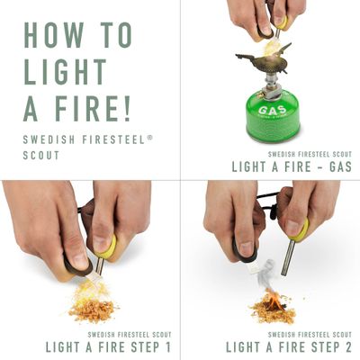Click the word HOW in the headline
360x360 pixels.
click(54, 35)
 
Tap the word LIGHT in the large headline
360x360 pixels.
click(65, 72)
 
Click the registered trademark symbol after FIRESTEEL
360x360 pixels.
click(150, 138)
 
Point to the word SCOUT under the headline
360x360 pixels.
click(41, 156)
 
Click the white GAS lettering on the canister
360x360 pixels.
click(272, 110)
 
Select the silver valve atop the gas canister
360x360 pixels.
click(271, 87)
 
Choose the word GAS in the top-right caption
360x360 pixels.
click(340, 166)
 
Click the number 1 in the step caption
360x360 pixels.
click(167, 346)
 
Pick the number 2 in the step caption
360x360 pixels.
click(347, 346)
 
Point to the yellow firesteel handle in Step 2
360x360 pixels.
click(300, 229)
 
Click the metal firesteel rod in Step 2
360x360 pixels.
click(287, 257)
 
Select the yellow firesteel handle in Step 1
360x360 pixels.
click(107, 247)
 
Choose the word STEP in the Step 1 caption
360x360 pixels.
click(145, 346)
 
